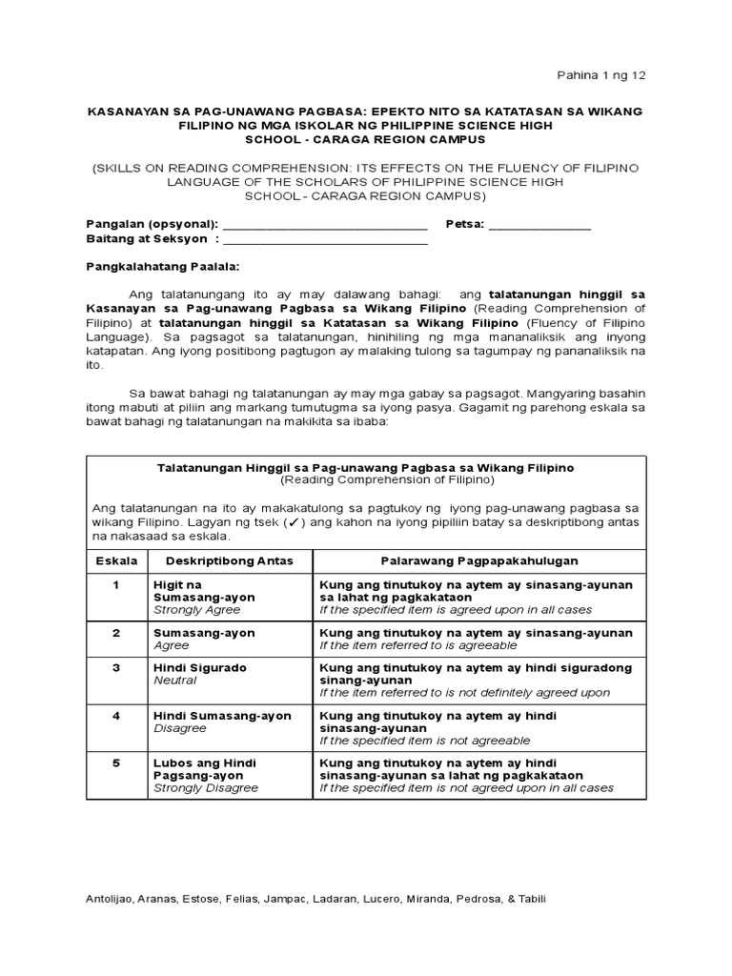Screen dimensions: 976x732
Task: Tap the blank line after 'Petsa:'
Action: tap(539, 226)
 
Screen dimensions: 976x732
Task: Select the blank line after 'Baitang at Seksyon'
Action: tap(324, 240)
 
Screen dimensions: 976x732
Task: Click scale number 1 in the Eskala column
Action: tap(115, 583)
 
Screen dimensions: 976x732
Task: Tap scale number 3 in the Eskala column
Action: tap(115, 668)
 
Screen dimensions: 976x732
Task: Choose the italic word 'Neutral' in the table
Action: tap(175, 681)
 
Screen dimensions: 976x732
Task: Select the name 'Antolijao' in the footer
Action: tap(111, 899)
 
